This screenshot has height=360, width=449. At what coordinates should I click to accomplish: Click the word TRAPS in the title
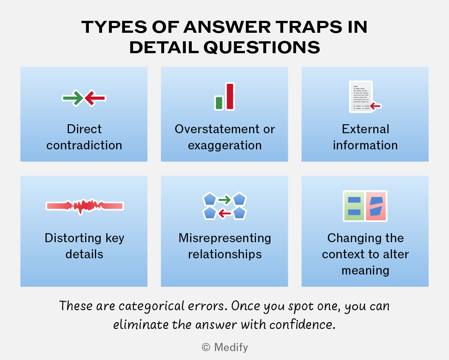[309, 27]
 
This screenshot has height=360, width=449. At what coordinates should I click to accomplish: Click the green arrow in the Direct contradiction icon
[73, 98]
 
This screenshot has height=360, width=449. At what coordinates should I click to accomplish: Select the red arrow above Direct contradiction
[95, 98]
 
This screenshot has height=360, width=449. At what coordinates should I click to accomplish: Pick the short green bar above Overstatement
[219, 103]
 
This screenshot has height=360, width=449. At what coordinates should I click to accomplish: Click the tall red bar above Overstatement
[230, 96]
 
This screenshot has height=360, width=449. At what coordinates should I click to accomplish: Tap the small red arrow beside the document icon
[375, 106]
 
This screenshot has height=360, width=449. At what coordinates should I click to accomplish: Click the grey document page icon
[361, 97]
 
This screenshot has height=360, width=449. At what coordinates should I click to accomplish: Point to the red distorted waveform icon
[85, 206]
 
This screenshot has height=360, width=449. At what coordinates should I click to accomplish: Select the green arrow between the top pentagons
[224, 200]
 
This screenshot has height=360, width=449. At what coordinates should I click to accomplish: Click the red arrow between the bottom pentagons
[224, 213]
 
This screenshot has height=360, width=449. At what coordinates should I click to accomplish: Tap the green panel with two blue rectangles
[354, 206]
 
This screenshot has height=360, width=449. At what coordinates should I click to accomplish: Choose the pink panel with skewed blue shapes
[376, 206]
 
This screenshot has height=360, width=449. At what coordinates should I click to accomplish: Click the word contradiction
[84, 145]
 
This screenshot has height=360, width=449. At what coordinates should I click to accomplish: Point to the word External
[365, 129]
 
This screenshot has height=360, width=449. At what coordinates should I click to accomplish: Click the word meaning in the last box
[365, 271]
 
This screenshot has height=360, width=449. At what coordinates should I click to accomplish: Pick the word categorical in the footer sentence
[152, 306]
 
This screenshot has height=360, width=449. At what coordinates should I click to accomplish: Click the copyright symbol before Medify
[206, 347]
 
